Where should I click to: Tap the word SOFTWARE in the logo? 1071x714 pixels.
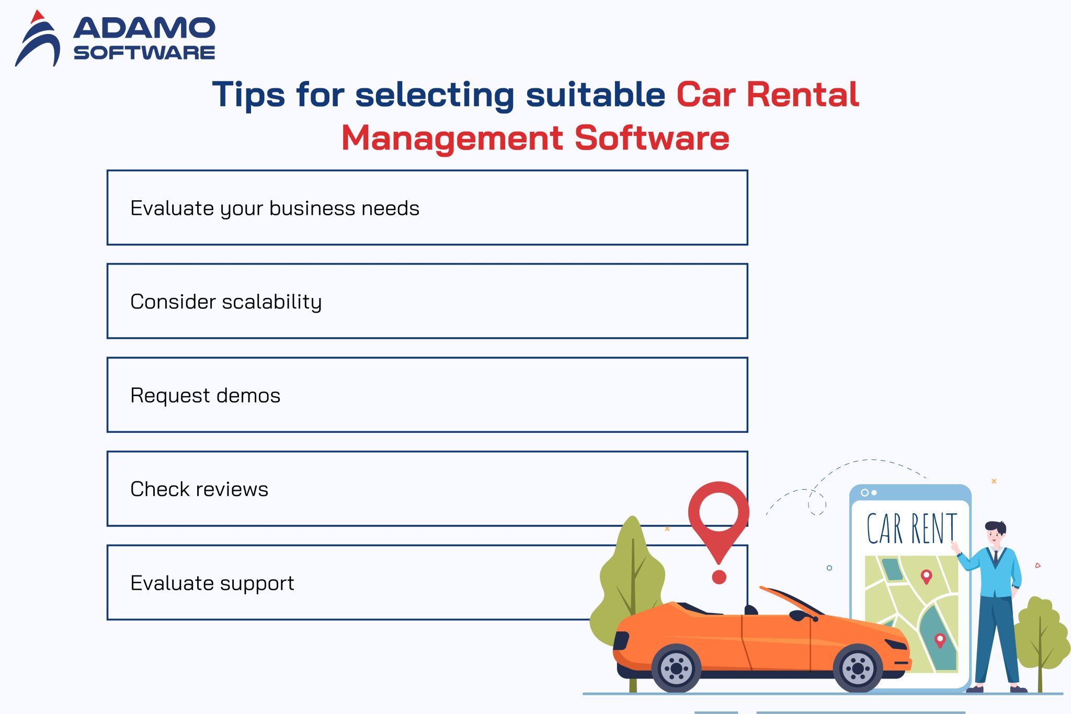click(x=144, y=53)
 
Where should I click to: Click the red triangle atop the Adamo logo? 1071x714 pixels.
click(x=37, y=17)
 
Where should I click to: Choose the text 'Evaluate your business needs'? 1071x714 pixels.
click(x=275, y=208)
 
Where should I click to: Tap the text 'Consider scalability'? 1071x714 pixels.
click(x=226, y=302)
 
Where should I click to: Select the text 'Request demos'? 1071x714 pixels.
click(x=205, y=395)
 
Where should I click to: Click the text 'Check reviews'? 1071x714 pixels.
click(x=199, y=489)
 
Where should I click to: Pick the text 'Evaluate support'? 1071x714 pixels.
click(x=212, y=583)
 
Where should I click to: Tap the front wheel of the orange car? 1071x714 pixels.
click(x=858, y=667)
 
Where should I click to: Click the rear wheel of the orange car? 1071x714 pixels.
click(x=676, y=667)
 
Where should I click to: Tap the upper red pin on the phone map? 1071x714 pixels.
click(x=926, y=576)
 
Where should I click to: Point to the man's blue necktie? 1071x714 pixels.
click(x=996, y=558)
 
